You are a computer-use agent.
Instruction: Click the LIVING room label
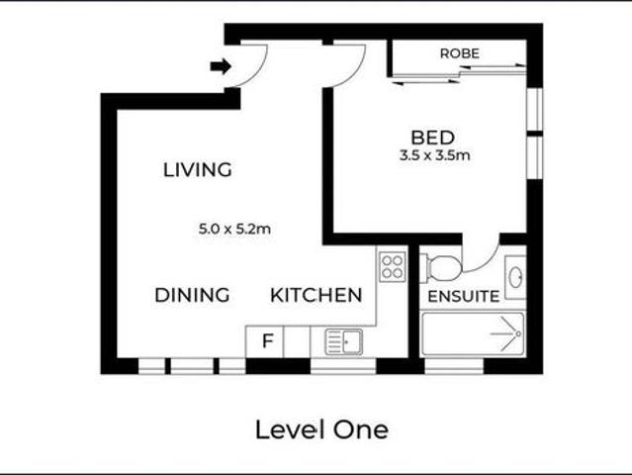[x=197, y=170]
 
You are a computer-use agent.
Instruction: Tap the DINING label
[x=192, y=295]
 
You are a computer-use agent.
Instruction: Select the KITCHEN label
[x=316, y=295]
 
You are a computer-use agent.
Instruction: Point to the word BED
[x=433, y=137]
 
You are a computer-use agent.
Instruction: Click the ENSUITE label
[x=463, y=296]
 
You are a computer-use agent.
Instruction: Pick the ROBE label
[x=460, y=53]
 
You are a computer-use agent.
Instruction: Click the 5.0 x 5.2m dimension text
[x=234, y=230]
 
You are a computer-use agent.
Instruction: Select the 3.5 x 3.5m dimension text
[x=433, y=155]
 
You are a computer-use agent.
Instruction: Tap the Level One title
[x=321, y=429]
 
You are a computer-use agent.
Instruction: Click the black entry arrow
[x=221, y=66]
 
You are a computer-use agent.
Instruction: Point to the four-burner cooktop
[x=392, y=265]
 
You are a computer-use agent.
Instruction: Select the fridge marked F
[x=265, y=341]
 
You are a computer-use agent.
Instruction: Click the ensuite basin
[x=514, y=278]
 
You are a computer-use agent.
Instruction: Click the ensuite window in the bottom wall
[x=454, y=365]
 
